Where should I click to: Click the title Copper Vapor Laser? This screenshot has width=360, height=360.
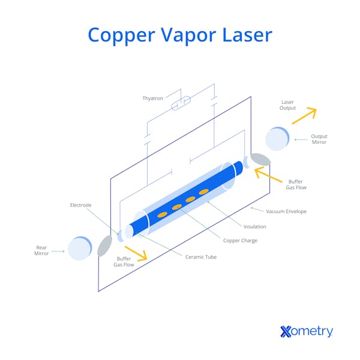pos(180,34)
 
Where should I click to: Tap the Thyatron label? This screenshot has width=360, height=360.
pos(152,98)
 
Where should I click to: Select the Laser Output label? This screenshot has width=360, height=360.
pos(287,105)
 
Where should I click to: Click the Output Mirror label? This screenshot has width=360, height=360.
pos(319,139)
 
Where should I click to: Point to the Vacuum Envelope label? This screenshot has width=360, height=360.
pos(286,211)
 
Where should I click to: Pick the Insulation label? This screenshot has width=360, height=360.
pos(254,226)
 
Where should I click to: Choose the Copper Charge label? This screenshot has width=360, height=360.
pos(241,241)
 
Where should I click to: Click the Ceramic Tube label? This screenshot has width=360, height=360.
pos(201,257)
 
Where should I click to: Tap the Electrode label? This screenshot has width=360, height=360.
pos(80,205)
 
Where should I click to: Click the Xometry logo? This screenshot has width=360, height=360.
pos(306,331)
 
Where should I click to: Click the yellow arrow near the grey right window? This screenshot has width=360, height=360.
pos(267,176)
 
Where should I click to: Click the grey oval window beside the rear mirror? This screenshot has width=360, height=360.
pos(104,245)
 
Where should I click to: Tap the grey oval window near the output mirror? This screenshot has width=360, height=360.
pos(260,159)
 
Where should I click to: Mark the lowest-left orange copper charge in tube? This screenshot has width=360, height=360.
pos(162,215)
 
